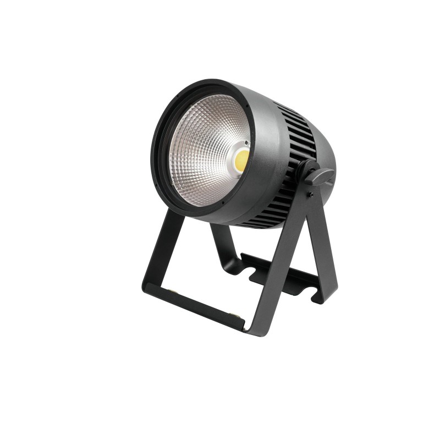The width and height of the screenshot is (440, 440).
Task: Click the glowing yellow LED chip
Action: pyautogui.click(x=240, y=159)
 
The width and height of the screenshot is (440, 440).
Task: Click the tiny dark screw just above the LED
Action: pyautogui.click(x=246, y=142)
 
